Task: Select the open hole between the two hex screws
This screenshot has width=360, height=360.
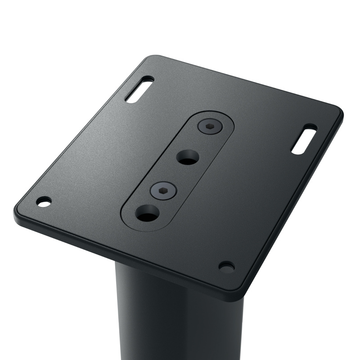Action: click(x=187, y=157)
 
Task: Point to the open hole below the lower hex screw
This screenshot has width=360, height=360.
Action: click(x=147, y=214)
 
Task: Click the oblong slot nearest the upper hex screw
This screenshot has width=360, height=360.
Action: click(x=139, y=89)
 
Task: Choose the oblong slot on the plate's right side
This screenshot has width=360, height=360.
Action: click(x=304, y=139)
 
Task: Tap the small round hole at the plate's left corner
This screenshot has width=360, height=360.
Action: click(x=44, y=202)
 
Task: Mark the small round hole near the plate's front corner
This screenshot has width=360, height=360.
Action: click(x=226, y=266)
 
